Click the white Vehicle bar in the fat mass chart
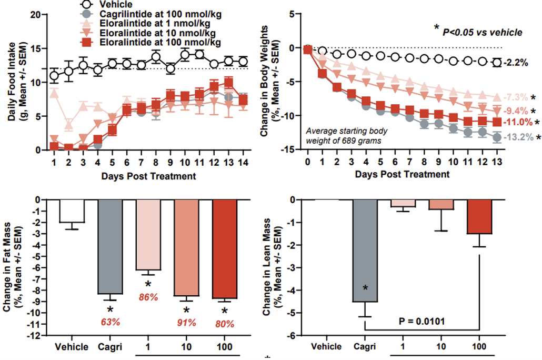72,211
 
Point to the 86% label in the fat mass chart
149,297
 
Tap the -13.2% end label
516,138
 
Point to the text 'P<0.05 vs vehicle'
482,33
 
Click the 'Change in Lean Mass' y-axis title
273,267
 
